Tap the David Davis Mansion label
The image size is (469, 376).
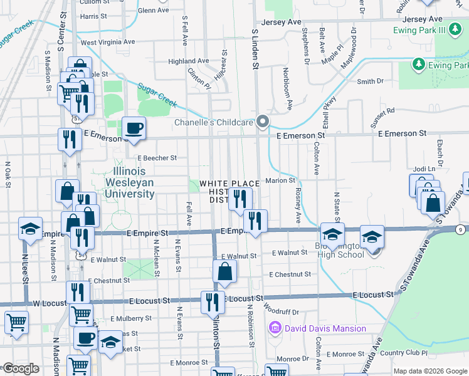[325, 328]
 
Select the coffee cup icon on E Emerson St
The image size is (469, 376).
[134, 129]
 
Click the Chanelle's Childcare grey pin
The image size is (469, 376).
[263, 122]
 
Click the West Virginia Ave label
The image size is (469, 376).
[108, 43]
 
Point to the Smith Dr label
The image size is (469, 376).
[370, 81]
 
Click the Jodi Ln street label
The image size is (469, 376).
[424, 169]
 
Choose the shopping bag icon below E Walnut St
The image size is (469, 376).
[224, 272]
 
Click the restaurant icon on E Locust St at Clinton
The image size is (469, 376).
[213, 302]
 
